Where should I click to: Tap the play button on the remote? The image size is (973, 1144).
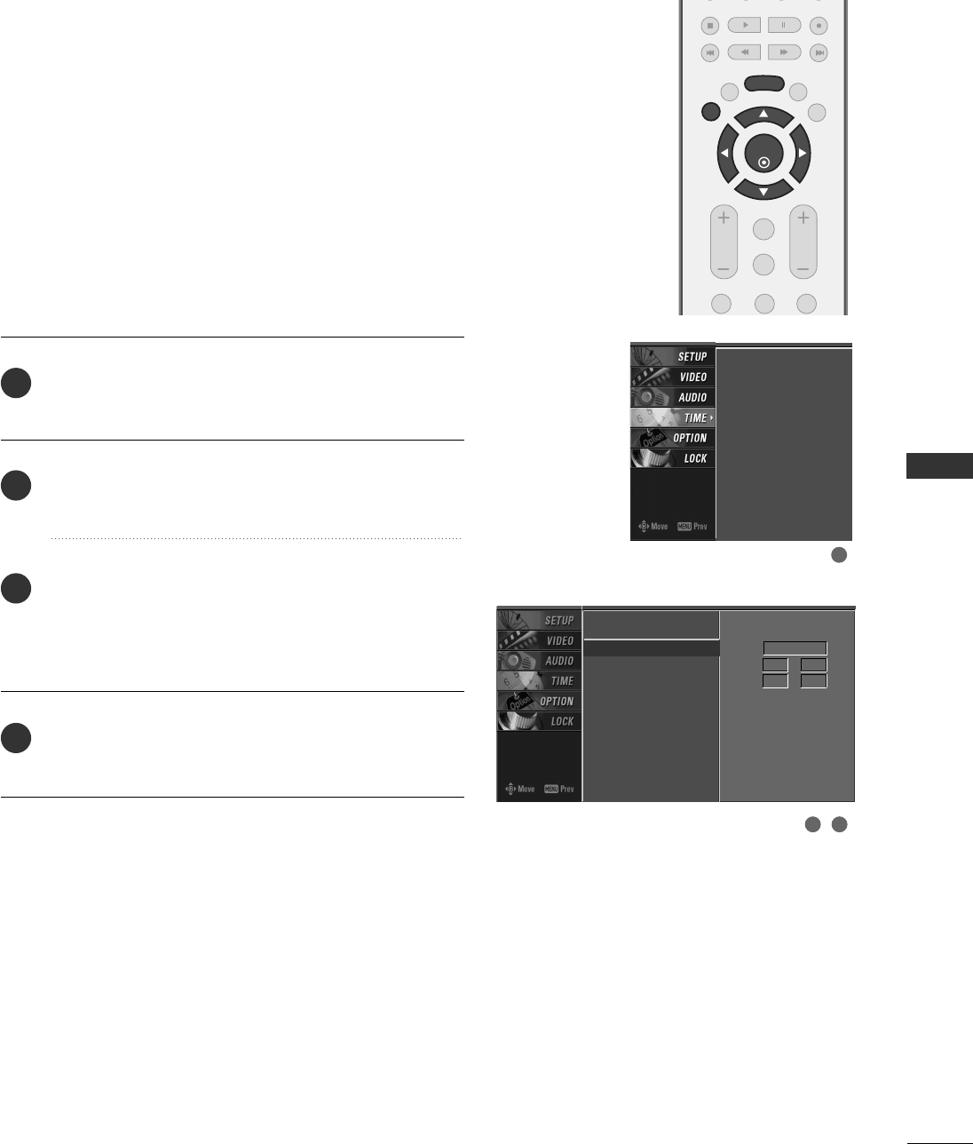744,26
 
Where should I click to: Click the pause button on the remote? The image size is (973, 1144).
784,26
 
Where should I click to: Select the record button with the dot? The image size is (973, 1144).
819,26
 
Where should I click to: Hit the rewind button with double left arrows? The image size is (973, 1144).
744,52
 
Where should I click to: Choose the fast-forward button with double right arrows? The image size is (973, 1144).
784,52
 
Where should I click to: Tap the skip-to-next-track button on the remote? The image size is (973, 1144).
819,52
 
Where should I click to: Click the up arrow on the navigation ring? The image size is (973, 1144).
763,115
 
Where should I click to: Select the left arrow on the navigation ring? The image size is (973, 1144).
724,154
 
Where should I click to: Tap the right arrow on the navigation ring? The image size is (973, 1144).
802,154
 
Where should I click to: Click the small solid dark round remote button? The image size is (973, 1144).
710,112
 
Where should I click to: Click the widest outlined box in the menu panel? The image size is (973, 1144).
795,648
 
